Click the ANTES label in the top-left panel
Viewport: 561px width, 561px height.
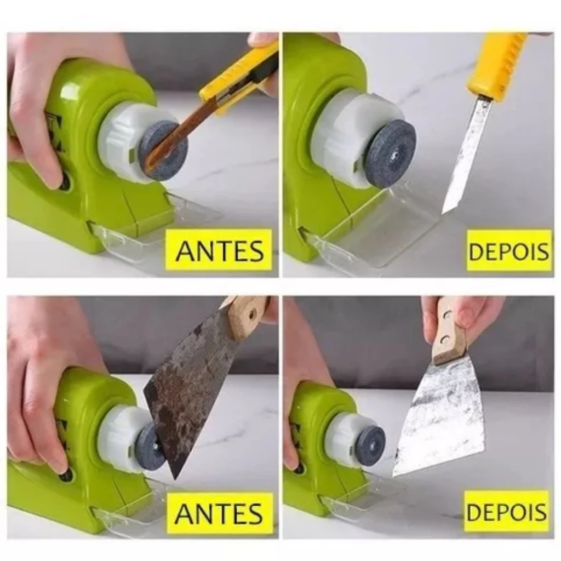click(x=220, y=251)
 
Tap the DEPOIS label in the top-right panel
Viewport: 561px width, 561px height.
click(x=508, y=251)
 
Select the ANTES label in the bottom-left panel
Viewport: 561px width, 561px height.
click(x=219, y=513)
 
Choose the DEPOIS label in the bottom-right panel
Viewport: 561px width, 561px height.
click(x=507, y=512)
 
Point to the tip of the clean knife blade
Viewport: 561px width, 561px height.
click(x=443, y=214)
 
